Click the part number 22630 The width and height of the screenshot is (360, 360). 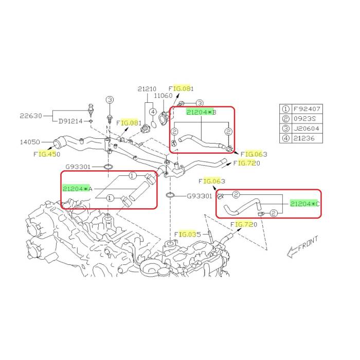coord(31,116)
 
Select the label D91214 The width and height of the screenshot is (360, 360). coord(70,121)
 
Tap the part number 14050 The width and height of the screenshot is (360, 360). coord(30,142)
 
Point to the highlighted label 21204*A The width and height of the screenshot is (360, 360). coord(77,189)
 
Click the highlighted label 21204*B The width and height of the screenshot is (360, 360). coord(202,112)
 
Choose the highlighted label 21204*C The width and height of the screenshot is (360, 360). coord(304,204)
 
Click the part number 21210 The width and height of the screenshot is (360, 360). coord(147,89)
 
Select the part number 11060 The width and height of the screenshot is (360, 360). coord(163,96)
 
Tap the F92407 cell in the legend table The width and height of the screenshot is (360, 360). coord(307,109)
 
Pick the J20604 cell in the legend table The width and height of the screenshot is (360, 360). coord(307,129)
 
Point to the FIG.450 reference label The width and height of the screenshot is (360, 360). coord(47,154)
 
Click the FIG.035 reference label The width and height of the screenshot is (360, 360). coord(188,235)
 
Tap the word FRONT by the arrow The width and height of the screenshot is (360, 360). coord(309,243)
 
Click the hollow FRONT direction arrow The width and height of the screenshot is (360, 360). coord(293,252)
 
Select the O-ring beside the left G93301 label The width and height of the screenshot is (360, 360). coord(108,167)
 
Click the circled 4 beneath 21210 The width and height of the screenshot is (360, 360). coord(153,112)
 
